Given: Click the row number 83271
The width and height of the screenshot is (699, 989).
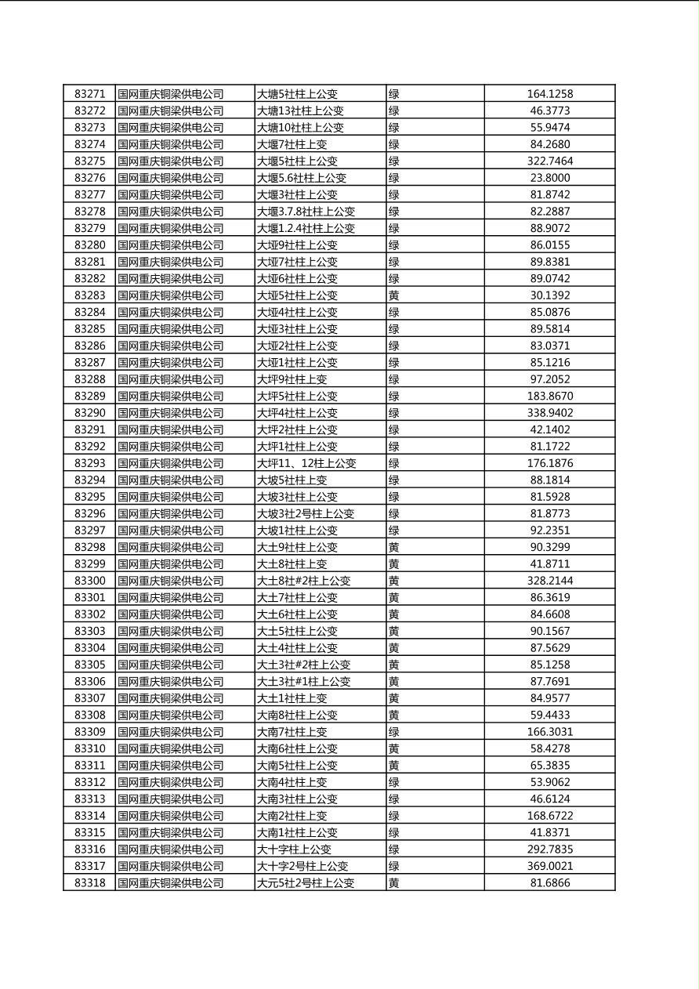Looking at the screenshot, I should click(x=89, y=94).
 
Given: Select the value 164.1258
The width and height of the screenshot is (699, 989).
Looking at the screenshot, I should click(x=549, y=94).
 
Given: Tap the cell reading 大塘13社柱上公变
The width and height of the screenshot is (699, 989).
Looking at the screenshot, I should click(x=301, y=111).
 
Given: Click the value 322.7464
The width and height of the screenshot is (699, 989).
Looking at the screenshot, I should click(x=549, y=161).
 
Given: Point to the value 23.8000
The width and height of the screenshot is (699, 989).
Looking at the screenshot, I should click(x=549, y=178).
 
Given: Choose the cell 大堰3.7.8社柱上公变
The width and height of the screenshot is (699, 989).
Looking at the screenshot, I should click(x=306, y=212).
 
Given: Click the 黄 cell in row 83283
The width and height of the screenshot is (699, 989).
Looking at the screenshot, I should click(x=394, y=295).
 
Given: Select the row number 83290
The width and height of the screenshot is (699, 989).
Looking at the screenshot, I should click(x=89, y=413).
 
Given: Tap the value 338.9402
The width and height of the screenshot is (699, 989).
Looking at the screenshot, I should click(x=549, y=413).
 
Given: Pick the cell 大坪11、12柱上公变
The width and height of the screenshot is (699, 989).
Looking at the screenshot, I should click(x=306, y=463).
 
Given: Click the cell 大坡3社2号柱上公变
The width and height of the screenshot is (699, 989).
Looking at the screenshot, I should click(x=306, y=514).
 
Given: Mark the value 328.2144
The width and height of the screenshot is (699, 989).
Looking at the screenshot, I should click(x=549, y=581).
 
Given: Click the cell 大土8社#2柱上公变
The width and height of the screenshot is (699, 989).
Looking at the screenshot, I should click(x=304, y=581).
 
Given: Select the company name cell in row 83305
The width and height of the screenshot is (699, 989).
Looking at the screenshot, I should click(x=171, y=665).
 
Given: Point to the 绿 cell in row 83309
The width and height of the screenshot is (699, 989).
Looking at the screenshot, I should click(x=394, y=732).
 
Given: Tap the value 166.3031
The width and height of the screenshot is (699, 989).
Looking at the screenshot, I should click(x=549, y=732).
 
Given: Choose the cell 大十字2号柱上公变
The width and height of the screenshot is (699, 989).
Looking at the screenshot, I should click(x=302, y=866).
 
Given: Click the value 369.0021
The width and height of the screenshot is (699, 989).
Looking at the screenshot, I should click(x=549, y=866).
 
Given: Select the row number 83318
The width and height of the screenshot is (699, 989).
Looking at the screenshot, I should click(x=89, y=883).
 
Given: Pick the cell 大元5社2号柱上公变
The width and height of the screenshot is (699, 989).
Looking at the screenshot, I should click(x=306, y=883).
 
